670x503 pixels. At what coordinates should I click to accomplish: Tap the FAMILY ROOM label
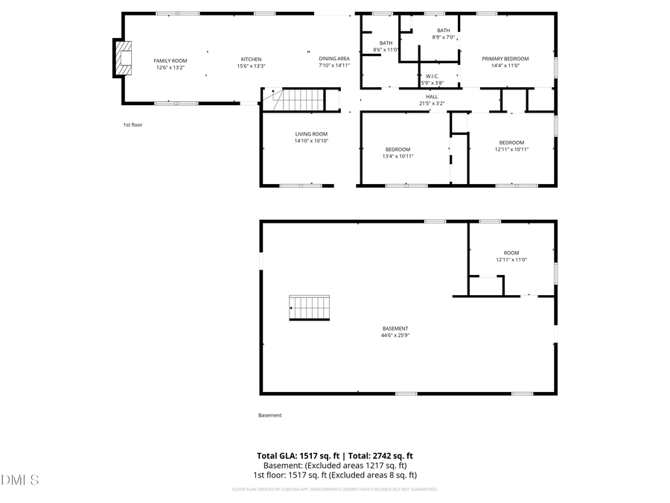pyautogui.click(x=170, y=60)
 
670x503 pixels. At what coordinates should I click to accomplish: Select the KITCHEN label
pyautogui.click(x=251, y=60)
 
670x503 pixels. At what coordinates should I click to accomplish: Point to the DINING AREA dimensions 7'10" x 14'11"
pyautogui.click(x=334, y=66)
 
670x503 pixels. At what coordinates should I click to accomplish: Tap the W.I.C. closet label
pyautogui.click(x=433, y=76)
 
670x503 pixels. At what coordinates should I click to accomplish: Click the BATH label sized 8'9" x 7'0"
pyautogui.click(x=443, y=31)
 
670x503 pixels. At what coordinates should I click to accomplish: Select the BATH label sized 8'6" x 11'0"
pyautogui.click(x=386, y=43)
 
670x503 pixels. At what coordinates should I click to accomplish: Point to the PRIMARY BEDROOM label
pyautogui.click(x=505, y=59)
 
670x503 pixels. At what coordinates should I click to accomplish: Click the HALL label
pyautogui.click(x=432, y=97)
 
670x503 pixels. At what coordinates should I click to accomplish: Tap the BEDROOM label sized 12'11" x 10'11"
pyautogui.click(x=511, y=143)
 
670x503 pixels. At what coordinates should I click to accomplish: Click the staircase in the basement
pyautogui.click(x=309, y=307)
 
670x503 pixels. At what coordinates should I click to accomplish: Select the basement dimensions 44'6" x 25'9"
pyautogui.click(x=395, y=335)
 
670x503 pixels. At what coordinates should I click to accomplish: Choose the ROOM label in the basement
pyautogui.click(x=511, y=253)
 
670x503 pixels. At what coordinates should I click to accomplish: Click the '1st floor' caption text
pyautogui.click(x=133, y=125)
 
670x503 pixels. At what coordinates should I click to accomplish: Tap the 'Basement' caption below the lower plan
pyautogui.click(x=270, y=416)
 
